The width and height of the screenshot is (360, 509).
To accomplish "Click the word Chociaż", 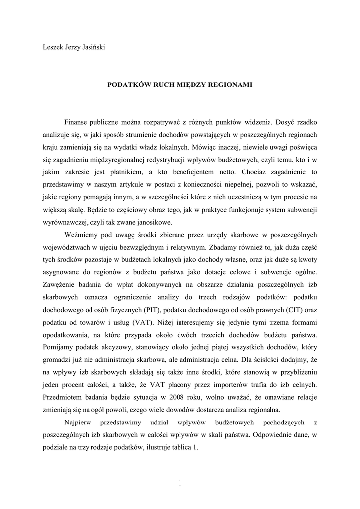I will [x=255, y=171].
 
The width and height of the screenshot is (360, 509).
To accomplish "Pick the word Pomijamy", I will [x=59, y=347].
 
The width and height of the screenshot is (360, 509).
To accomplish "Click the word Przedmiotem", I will [x=62, y=397].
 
